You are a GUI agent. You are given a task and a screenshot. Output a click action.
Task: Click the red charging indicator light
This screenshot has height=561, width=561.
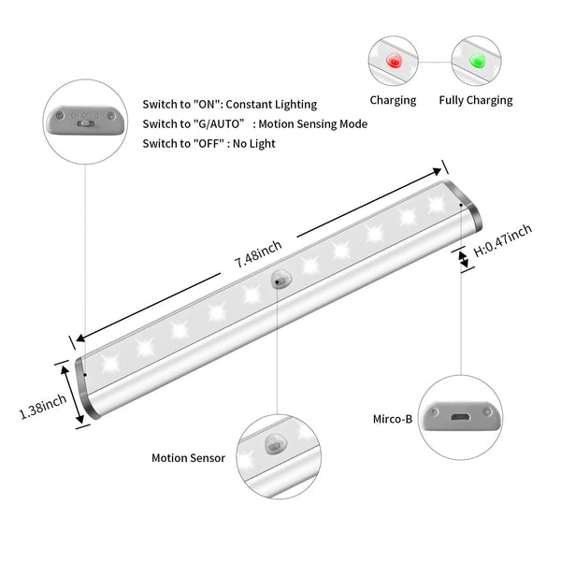tap(394, 61)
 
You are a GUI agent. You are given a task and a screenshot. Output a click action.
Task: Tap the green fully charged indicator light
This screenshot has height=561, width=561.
tap(477, 60)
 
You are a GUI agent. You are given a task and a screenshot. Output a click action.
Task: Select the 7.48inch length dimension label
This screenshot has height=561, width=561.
tap(258, 253)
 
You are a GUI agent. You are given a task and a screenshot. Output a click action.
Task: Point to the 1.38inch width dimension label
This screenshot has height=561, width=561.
tap(43, 407)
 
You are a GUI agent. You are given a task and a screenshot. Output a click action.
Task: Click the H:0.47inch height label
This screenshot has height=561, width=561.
tap(503, 240)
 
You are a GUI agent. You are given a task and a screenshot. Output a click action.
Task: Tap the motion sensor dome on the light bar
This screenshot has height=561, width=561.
tap(280, 279)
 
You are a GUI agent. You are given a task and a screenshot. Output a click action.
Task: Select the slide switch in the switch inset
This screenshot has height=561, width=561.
tap(86, 123)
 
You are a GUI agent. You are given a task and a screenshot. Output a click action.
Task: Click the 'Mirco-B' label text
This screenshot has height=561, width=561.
tap(393, 419)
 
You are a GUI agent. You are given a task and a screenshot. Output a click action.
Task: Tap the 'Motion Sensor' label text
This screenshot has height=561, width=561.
tap(188, 457)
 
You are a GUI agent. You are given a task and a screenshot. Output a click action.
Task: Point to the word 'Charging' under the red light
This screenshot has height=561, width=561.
tap(393, 100)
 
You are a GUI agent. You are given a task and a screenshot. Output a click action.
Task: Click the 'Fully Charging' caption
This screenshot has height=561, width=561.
tap(476, 100)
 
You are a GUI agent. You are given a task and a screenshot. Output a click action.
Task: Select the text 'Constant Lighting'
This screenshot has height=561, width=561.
tap(271, 105)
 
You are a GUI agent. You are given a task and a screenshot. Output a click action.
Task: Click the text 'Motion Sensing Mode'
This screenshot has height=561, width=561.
tap(312, 124)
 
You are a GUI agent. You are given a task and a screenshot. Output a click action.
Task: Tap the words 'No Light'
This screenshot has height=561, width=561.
tap(253, 144)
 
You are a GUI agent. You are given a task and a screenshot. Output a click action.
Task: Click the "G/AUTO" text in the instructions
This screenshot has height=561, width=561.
tap(218, 124)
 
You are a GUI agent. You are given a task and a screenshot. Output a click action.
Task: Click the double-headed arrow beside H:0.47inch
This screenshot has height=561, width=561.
tap(464, 259)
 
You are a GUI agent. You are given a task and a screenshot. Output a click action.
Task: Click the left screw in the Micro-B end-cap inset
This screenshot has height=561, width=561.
tap(434, 412)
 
